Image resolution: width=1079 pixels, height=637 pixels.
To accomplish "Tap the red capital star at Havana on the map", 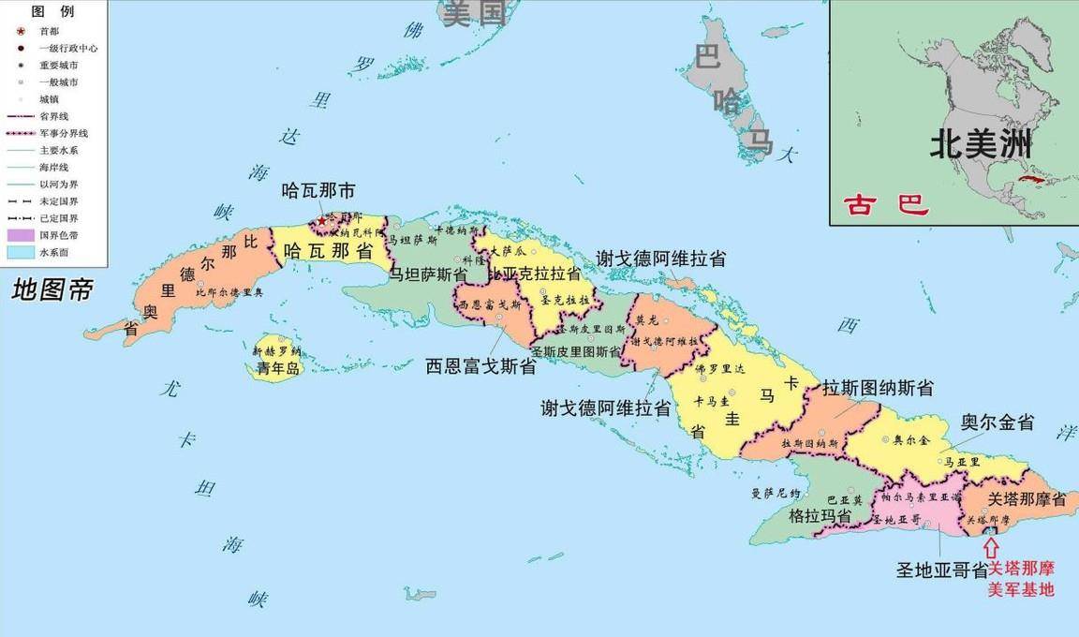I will (321, 221).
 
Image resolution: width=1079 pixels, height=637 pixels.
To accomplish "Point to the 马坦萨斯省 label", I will (428, 274).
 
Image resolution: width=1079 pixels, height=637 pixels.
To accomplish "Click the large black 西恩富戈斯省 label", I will (480, 366).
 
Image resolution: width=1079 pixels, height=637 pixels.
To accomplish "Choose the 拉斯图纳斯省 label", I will (878, 388).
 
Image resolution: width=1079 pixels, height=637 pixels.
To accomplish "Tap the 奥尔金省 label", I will (998, 422).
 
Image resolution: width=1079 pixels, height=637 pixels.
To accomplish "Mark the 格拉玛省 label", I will (820, 516).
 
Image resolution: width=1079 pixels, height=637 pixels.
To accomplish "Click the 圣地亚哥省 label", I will (941, 569).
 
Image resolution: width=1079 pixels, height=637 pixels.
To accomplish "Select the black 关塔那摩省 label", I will (1027, 500).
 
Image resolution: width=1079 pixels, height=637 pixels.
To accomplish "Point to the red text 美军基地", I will (1021, 590).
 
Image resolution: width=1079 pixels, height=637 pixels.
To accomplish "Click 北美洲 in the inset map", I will (980, 144).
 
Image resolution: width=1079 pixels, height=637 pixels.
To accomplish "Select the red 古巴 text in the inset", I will (886, 204).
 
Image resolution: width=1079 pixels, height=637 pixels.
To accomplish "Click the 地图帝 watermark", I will (52, 290).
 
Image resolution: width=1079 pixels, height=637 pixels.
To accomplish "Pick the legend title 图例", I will (52, 11).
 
